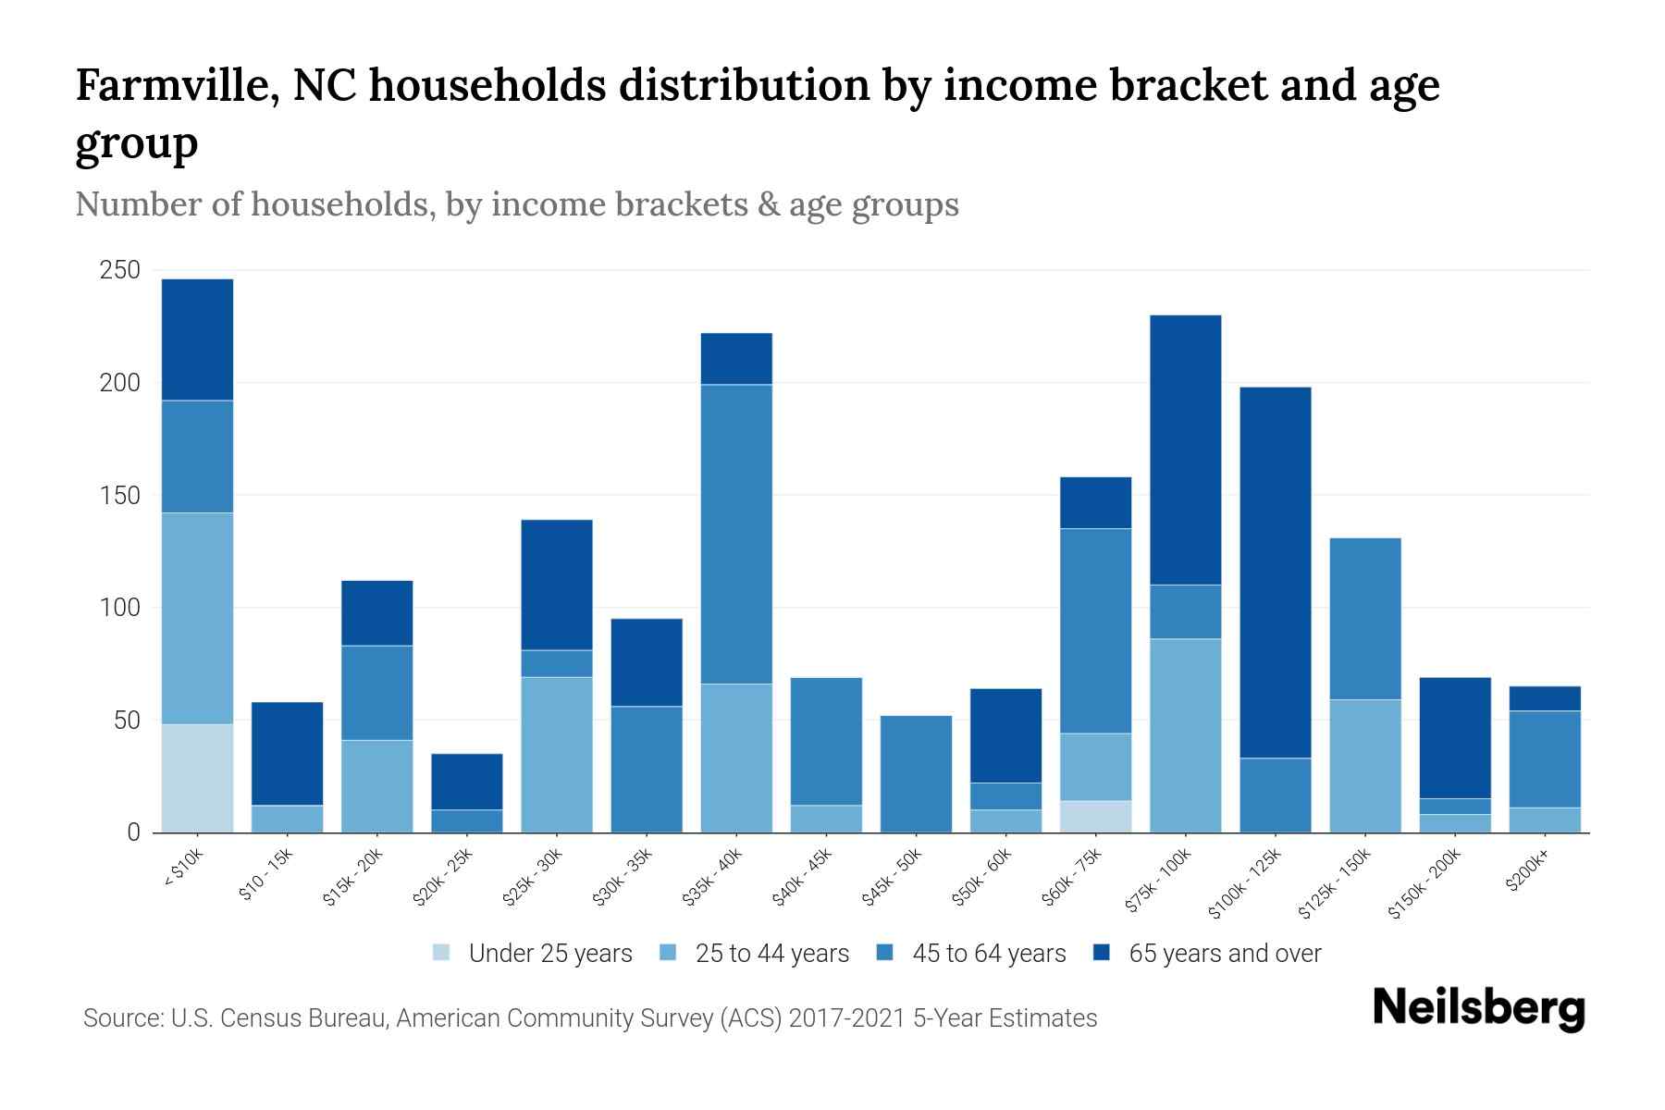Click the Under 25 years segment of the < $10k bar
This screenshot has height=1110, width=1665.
click(197, 778)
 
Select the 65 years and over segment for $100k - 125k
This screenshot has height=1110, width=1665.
click(1275, 573)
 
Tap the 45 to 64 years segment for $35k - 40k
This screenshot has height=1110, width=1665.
click(736, 534)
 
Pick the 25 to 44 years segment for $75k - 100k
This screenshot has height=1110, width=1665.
click(1185, 735)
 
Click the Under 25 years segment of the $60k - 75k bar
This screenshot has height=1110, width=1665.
click(1095, 816)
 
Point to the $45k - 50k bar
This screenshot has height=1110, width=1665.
click(916, 773)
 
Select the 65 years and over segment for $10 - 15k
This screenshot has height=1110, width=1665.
click(287, 754)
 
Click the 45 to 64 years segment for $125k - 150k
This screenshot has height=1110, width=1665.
click(1364, 619)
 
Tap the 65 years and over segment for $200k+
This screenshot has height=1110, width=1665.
click(1544, 698)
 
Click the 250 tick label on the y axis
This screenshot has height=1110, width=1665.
click(120, 270)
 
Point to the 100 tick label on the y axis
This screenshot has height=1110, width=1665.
click(120, 608)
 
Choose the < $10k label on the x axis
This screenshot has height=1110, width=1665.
click(183, 869)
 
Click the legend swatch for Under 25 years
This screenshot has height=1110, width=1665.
click(441, 953)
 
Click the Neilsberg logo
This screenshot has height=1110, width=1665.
click(1478, 1008)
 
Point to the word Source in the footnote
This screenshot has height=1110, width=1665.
click(120, 1018)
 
